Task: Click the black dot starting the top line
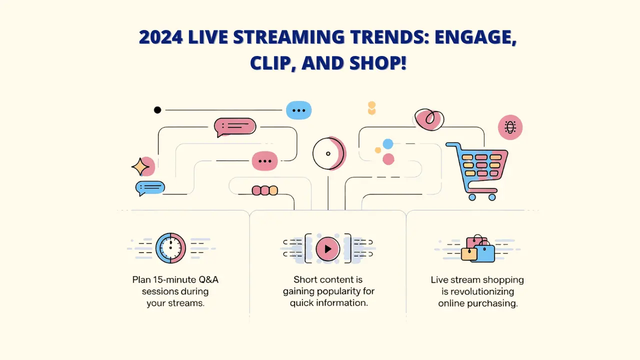[x=157, y=110]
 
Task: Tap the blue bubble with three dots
[x=298, y=110]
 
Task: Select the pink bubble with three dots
[x=264, y=161]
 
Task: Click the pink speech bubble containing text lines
[x=235, y=126]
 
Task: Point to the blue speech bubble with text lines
[x=150, y=187]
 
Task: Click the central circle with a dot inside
[x=328, y=153]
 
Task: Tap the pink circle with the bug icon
[x=510, y=127]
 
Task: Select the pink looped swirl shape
[x=429, y=119]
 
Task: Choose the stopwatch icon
[x=170, y=247]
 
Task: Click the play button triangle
[x=328, y=248]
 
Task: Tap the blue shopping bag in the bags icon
[x=484, y=253]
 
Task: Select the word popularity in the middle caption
[x=345, y=291]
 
